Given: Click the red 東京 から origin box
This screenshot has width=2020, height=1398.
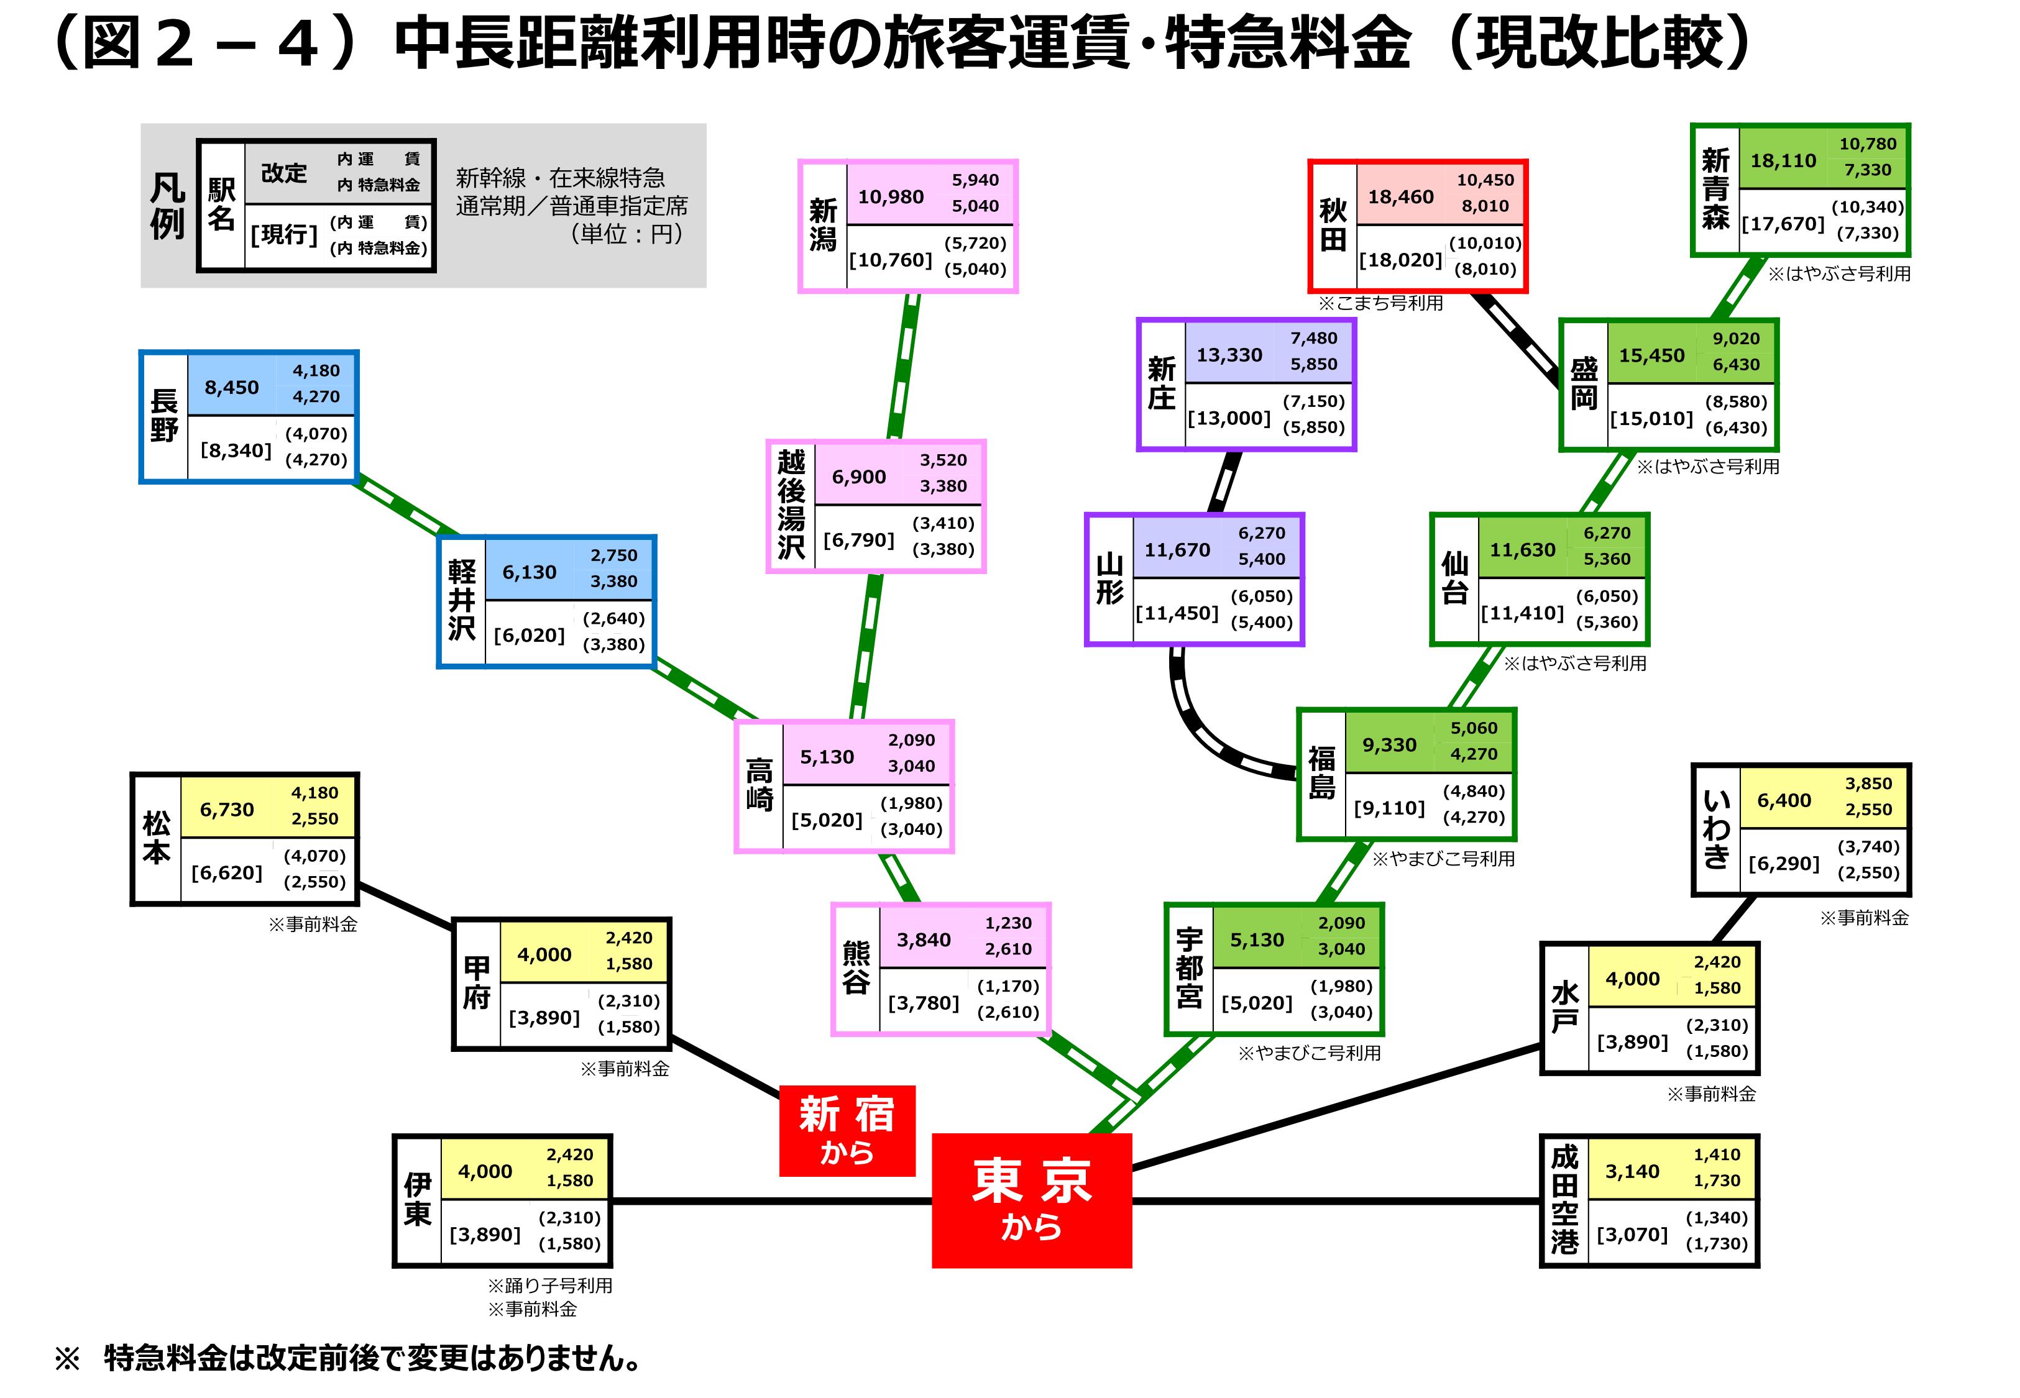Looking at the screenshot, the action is click(x=1031, y=1200).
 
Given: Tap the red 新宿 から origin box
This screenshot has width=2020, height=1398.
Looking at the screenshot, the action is click(x=847, y=1130).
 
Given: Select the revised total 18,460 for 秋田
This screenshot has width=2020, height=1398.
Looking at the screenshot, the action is click(x=1401, y=197).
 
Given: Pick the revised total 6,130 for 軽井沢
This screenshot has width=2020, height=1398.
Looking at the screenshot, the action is click(x=529, y=572).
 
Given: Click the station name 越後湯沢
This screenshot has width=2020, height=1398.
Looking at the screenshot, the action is click(x=791, y=505).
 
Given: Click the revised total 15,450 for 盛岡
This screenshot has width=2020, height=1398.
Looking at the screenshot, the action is click(x=1651, y=355).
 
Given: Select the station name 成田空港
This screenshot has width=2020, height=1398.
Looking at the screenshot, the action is click(x=1564, y=1200).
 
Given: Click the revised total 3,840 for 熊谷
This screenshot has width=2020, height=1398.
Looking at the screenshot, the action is click(x=923, y=940).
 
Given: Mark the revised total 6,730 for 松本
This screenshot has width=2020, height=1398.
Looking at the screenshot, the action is click(x=227, y=810).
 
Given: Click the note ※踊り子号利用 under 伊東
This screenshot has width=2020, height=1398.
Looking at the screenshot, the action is click(x=550, y=1285).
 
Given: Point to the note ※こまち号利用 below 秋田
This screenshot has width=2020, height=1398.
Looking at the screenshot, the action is click(x=1380, y=303).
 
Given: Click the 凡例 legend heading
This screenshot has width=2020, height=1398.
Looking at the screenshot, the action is click(x=167, y=206).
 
